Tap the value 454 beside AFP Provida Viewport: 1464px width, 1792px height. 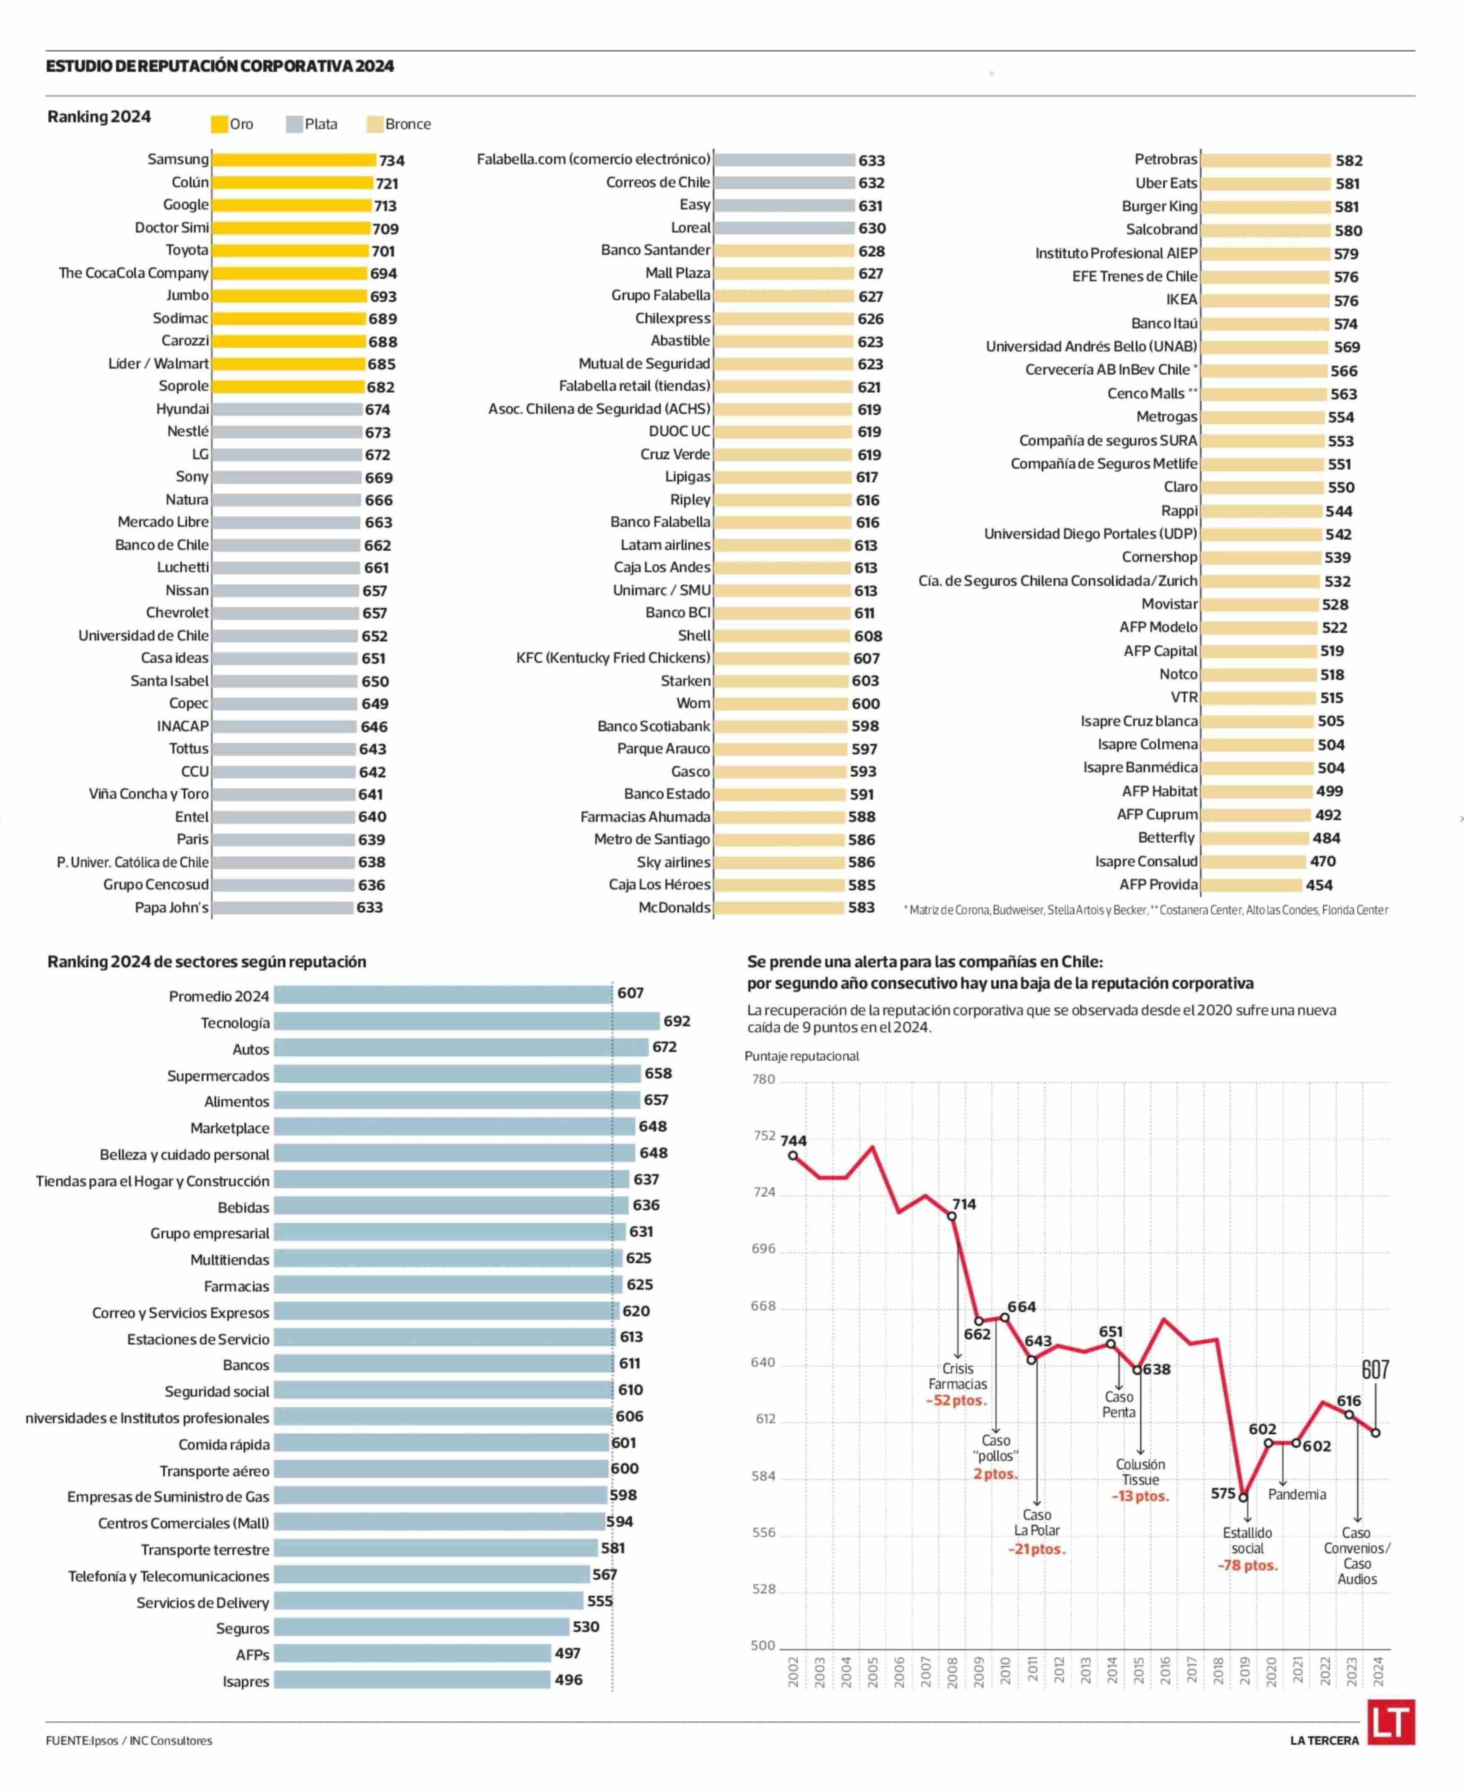coord(1319,884)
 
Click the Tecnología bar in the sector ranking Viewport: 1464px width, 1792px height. coord(467,1021)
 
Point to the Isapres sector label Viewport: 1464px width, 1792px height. coord(245,1681)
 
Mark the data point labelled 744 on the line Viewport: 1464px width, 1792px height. coord(793,1155)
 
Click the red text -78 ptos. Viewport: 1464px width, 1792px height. coord(1247,1565)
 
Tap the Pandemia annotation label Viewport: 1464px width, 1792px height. coord(1296,1494)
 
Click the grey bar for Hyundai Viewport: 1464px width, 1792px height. coord(287,409)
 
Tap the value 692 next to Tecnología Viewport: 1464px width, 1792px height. coord(676,1021)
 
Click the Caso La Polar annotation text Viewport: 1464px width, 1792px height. coord(1037,1522)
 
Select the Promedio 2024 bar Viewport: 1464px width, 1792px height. coord(443,994)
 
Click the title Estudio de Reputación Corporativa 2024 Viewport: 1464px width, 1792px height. coord(220,66)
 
